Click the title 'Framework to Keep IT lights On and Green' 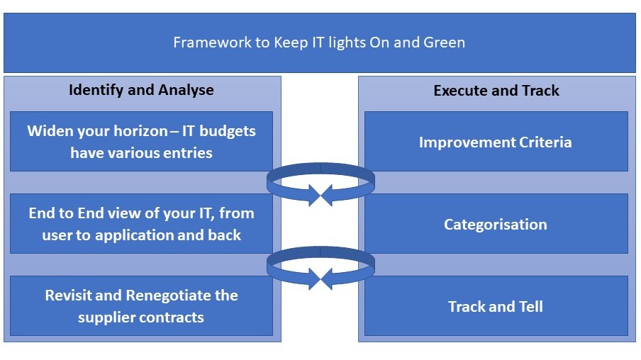pyautogui.click(x=319, y=43)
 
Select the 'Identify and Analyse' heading pyautogui.click(x=141, y=90)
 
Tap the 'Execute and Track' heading pyautogui.click(x=496, y=91)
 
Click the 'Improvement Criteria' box pyautogui.click(x=496, y=142)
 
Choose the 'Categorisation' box pyautogui.click(x=496, y=225)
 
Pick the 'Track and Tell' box pyautogui.click(x=496, y=307)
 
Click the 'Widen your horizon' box pyautogui.click(x=141, y=142)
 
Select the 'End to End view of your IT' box pyautogui.click(x=141, y=224)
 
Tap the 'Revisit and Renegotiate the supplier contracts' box pyautogui.click(x=141, y=306)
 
